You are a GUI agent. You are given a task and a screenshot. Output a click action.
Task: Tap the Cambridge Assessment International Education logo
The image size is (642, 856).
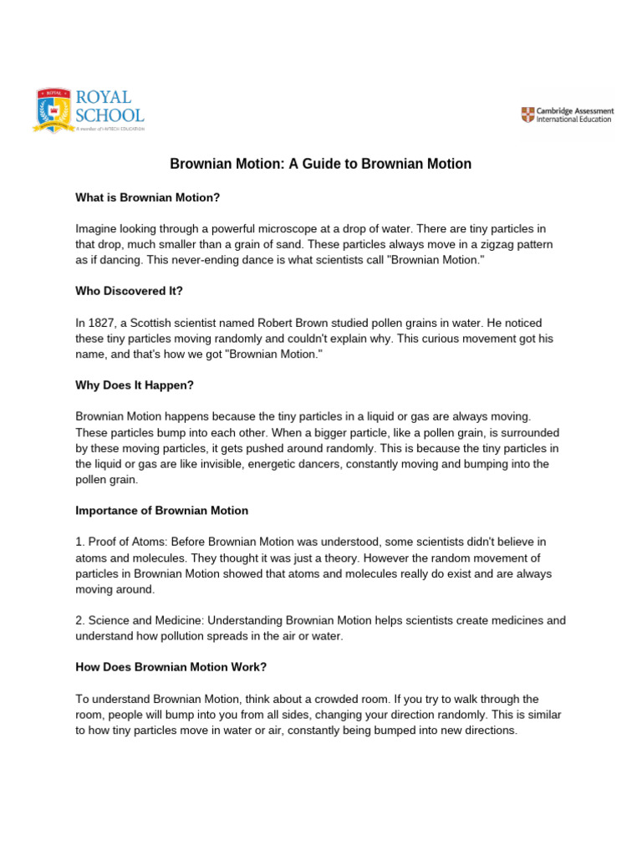[567, 115]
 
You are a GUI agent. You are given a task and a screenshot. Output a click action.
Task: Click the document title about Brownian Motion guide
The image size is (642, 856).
[321, 164]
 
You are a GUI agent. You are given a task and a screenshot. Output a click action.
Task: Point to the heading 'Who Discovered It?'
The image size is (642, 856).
[128, 291]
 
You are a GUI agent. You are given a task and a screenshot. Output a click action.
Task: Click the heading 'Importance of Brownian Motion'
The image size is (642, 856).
[162, 510]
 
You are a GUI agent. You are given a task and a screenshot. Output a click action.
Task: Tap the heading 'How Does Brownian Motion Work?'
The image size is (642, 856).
[171, 667]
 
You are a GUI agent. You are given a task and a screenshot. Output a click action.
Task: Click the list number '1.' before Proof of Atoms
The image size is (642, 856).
[80, 542]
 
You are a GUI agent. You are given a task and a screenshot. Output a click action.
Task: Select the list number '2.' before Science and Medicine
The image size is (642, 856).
[80, 620]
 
